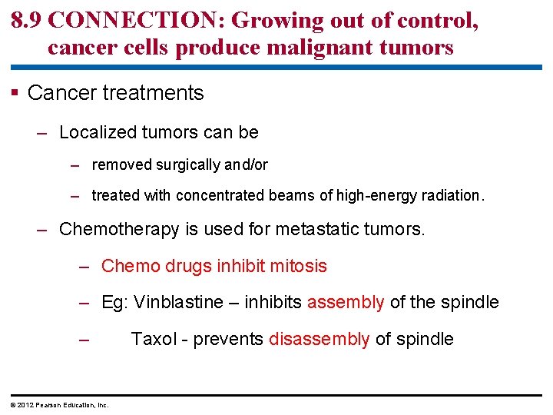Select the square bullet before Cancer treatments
coord(15,94)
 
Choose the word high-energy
coord(373,195)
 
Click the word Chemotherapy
coord(117,229)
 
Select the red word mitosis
coord(298,267)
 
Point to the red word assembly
coord(346,303)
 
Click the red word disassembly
coord(320,339)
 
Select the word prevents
coord(228,339)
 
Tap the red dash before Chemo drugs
coord(86,267)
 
